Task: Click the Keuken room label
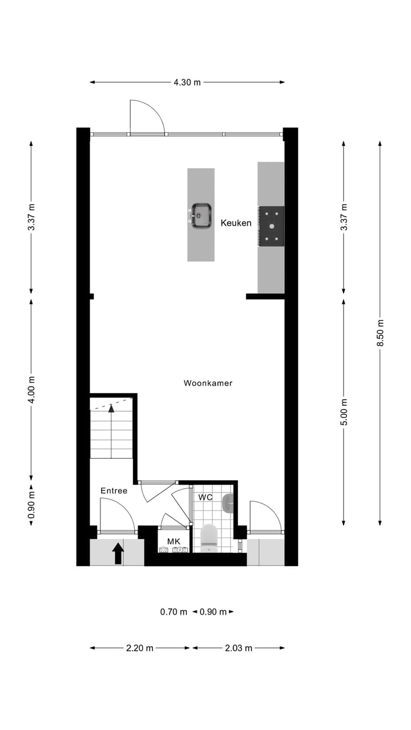click(x=236, y=223)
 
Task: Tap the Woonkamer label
click(x=208, y=383)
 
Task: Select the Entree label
click(x=114, y=490)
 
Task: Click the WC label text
click(x=205, y=497)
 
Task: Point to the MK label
click(x=174, y=541)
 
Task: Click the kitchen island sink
click(x=201, y=216)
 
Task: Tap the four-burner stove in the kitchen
click(x=271, y=226)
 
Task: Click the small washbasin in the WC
click(x=228, y=502)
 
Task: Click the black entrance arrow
click(x=118, y=553)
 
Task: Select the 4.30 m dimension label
click(x=187, y=82)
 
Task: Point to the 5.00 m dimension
click(x=344, y=411)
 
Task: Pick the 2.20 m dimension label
click(x=139, y=648)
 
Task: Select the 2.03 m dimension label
click(x=238, y=648)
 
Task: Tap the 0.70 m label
click(x=174, y=612)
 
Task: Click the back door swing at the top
click(x=146, y=117)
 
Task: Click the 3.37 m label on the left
click(x=31, y=217)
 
